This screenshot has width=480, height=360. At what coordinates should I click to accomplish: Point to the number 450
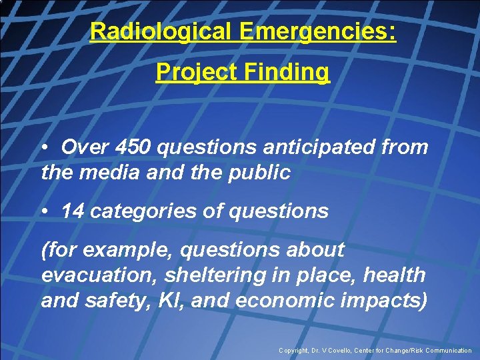pyautogui.click(x=133, y=147)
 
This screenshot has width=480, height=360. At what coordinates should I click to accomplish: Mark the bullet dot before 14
pyautogui.click(x=46, y=211)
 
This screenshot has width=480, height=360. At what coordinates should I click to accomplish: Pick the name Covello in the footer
pyautogui.click(x=347, y=351)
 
